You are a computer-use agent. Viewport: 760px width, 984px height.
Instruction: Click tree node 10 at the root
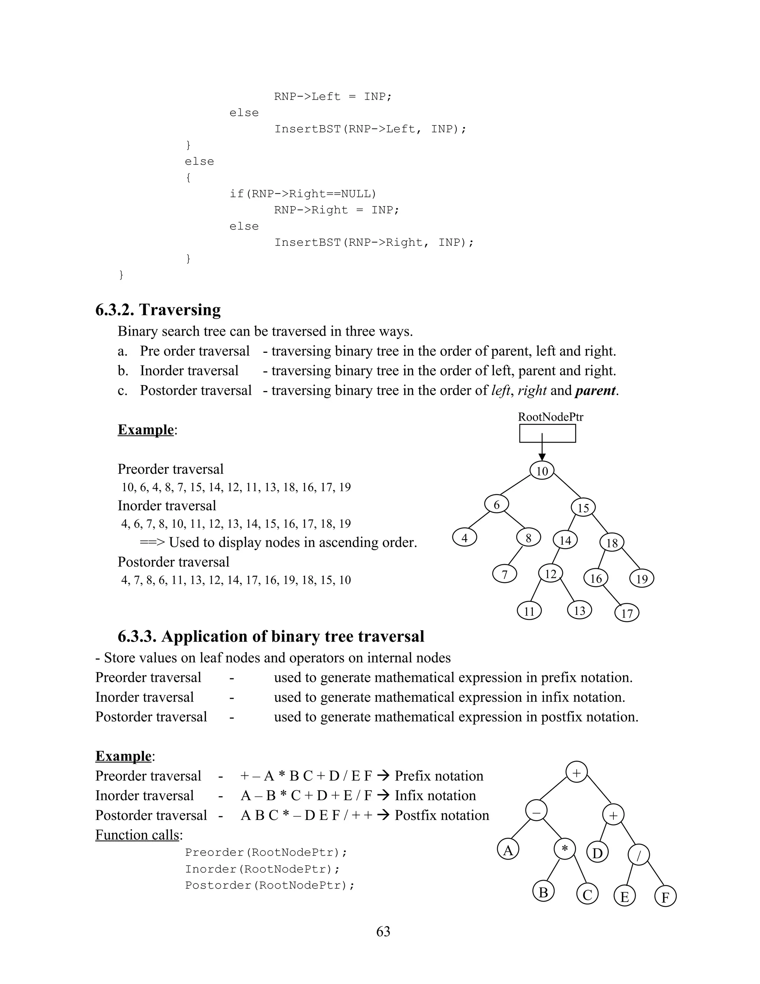[542, 471]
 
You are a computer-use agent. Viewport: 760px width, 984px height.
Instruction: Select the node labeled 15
[583, 508]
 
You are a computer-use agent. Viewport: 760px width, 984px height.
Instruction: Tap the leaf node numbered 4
[465, 538]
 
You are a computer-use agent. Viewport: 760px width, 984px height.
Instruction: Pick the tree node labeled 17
[627, 613]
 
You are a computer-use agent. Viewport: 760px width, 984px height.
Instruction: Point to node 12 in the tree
[551, 574]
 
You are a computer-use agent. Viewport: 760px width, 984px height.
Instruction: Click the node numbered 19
[642, 579]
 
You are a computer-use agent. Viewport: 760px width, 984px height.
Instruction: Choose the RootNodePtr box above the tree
[547, 434]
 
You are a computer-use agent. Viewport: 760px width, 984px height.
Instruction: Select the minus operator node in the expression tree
[536, 811]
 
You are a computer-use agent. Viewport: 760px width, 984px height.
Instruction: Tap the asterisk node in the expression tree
[564, 849]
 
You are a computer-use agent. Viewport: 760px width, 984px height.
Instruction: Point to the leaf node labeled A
[508, 850]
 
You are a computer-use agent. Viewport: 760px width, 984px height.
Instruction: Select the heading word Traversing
[180, 310]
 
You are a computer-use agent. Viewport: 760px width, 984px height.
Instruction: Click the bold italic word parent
[595, 390]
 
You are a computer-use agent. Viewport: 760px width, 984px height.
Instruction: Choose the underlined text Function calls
[137, 835]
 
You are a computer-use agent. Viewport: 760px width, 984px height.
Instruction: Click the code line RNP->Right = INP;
[336, 210]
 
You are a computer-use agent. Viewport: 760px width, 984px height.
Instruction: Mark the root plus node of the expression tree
[576, 773]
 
